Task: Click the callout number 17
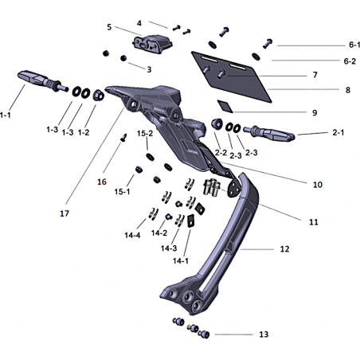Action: pos(65,213)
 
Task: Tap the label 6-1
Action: pos(354,45)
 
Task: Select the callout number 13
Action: pos(264,335)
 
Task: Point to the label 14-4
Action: pos(132,235)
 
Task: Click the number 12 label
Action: pos(284,249)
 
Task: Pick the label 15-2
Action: pos(145,133)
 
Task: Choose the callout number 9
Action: pos(315,113)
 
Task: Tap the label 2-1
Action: pos(338,132)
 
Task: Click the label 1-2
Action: pos(84,132)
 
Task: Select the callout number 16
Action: pos(102,182)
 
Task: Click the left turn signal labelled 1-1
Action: pos(44,80)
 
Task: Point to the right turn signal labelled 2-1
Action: pos(269,133)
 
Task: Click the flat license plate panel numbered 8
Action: pos(232,76)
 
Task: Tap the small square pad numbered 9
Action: pos(225,106)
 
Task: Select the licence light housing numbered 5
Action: pos(153,44)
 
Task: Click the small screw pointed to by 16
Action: pos(123,138)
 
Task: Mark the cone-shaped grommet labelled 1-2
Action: pos(98,96)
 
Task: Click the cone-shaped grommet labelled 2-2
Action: pos(217,124)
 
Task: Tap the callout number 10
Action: pos(318,185)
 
